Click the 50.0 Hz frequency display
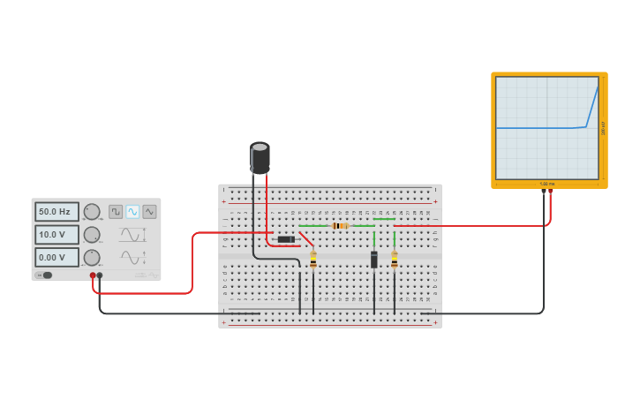pyautogui.click(x=56, y=212)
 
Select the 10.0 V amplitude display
pyautogui.click(x=56, y=235)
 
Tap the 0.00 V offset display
pyautogui.click(x=56, y=258)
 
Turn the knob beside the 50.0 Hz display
pyautogui.click(x=92, y=212)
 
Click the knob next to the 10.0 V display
pyautogui.click(x=92, y=235)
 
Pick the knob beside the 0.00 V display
pyautogui.click(x=92, y=258)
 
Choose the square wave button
pyautogui.click(x=116, y=212)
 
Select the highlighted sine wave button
pyautogui.click(x=132, y=212)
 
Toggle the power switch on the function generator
pyautogui.click(x=44, y=275)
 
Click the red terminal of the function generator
pyautogui.click(x=93, y=275)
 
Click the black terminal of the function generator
pyautogui.click(x=100, y=275)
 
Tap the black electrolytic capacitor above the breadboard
pyautogui.click(x=260, y=158)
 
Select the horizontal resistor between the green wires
pyautogui.click(x=340, y=226)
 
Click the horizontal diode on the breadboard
pyautogui.click(x=286, y=239)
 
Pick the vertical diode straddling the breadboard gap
pyautogui.click(x=374, y=260)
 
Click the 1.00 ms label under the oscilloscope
pyautogui.click(x=547, y=184)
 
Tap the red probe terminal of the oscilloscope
pyautogui.click(x=551, y=191)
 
